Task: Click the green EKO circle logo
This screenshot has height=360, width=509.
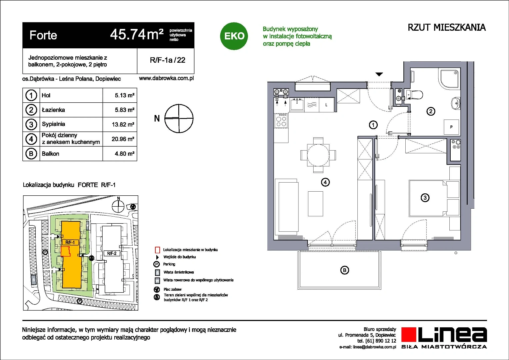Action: point(234,36)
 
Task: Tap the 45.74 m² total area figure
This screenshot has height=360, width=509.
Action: point(137,35)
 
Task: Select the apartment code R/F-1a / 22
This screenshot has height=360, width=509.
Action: point(167,60)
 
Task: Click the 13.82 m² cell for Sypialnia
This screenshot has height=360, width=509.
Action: point(123,124)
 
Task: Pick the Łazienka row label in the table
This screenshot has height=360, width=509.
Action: point(53,110)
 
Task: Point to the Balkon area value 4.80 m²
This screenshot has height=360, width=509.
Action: point(125,154)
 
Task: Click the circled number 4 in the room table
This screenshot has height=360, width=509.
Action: point(31,139)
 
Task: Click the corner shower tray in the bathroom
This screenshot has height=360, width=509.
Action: point(449,78)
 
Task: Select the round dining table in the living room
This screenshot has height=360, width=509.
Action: point(318,155)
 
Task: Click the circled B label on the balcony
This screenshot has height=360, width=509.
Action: point(344,270)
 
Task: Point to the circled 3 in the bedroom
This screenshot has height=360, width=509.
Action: point(425,197)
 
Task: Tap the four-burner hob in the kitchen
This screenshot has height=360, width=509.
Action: point(281,121)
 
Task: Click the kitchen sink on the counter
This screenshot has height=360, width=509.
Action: point(297,104)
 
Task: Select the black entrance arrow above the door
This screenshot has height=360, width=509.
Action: point(379,74)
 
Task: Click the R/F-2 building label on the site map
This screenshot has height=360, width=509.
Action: point(112,253)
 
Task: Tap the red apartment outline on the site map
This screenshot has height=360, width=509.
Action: point(66,252)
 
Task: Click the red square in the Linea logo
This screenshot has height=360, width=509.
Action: point(409,334)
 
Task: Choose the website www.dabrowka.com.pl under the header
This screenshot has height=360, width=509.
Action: point(166,78)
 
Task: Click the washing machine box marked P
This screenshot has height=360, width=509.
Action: point(451,127)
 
